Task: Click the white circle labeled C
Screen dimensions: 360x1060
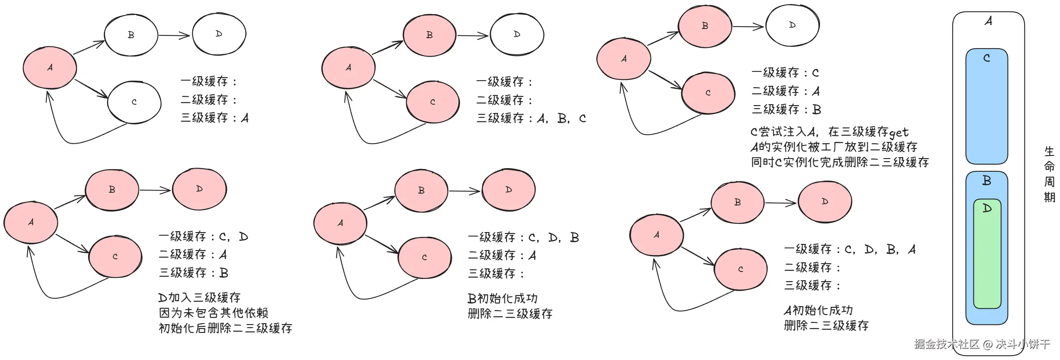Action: click(x=134, y=102)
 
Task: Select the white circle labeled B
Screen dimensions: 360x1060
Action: click(x=131, y=35)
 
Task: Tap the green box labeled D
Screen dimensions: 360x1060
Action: click(x=987, y=254)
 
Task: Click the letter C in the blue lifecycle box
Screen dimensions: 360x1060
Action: click(x=986, y=58)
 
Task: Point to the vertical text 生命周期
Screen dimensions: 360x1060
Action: click(x=1049, y=174)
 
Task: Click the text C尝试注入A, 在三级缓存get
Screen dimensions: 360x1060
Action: click(x=829, y=132)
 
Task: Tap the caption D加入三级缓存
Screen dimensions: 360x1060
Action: click(x=199, y=298)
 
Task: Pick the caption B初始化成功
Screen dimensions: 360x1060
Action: click(x=502, y=299)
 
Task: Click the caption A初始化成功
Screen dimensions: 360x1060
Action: click(x=818, y=311)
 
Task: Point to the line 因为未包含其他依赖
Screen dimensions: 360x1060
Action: click(x=213, y=313)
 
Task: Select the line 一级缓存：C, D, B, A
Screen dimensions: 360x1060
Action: click(x=849, y=250)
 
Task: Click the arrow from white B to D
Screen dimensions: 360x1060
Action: click(x=174, y=35)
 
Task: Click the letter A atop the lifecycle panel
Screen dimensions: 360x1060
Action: click(x=988, y=21)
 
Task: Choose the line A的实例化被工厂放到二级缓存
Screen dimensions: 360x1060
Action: click(x=834, y=147)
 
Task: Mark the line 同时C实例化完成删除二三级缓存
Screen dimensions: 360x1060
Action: click(x=839, y=162)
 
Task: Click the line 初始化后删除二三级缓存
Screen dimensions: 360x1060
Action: click(x=225, y=328)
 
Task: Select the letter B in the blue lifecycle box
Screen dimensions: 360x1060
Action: click(x=986, y=180)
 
